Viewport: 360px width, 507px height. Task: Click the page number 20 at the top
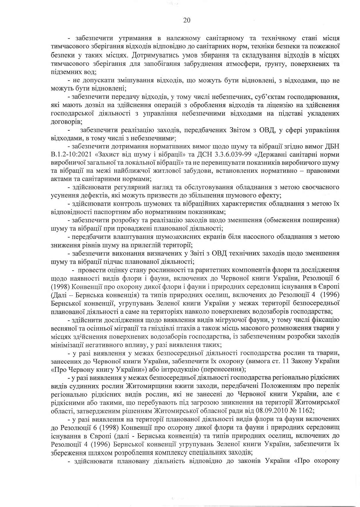pyautogui.click(x=187, y=20)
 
